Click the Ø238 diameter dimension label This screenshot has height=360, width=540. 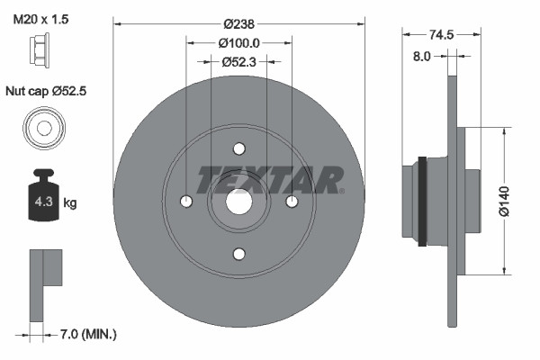[x=239, y=22]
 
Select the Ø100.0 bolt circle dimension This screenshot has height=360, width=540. [x=239, y=42]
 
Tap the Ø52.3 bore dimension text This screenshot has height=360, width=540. [x=239, y=62]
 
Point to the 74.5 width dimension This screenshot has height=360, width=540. [x=440, y=34]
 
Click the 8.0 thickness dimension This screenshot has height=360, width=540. [x=421, y=56]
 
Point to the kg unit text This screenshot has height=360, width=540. [x=69, y=202]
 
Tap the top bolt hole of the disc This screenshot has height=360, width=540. [x=238, y=149]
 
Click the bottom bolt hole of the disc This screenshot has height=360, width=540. [x=238, y=254]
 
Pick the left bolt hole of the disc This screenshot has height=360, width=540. [x=186, y=202]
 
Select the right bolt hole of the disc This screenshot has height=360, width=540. [x=291, y=202]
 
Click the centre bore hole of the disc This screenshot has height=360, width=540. [x=238, y=202]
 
